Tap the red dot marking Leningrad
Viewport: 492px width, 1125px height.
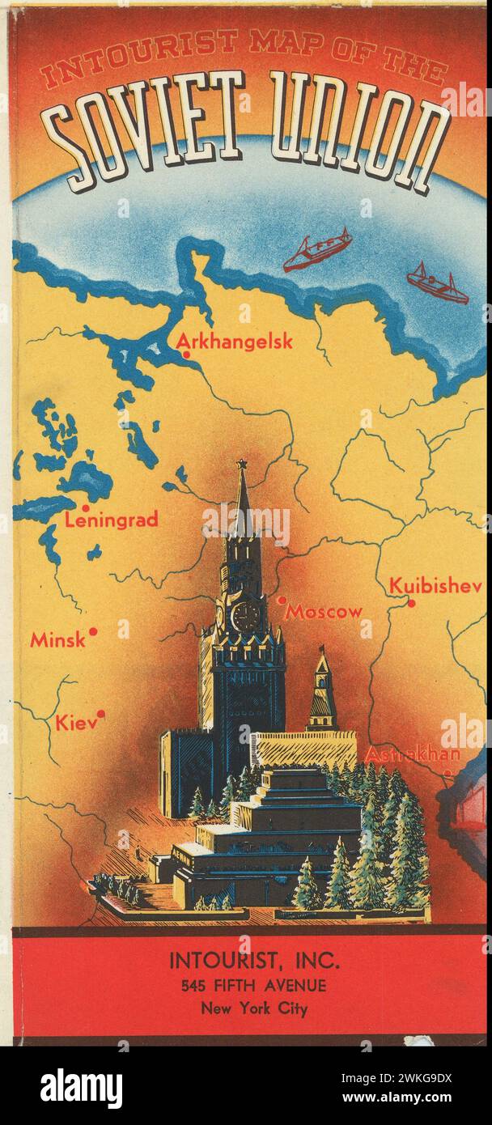click(x=86, y=508)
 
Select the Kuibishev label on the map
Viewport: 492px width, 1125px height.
click(x=435, y=585)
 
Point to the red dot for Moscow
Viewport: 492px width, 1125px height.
click(x=282, y=601)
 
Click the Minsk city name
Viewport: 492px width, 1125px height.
click(x=57, y=640)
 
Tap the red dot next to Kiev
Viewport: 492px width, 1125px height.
click(x=101, y=713)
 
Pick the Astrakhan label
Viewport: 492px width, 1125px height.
click(x=413, y=754)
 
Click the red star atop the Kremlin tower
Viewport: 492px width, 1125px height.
click(x=240, y=465)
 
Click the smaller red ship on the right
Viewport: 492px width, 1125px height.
click(x=437, y=283)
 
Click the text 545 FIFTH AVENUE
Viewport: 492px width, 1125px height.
click(x=254, y=986)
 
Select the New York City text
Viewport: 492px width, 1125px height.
click(x=254, y=1009)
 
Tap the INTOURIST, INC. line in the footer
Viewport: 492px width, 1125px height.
click(x=254, y=962)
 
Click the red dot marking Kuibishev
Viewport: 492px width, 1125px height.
click(x=411, y=603)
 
